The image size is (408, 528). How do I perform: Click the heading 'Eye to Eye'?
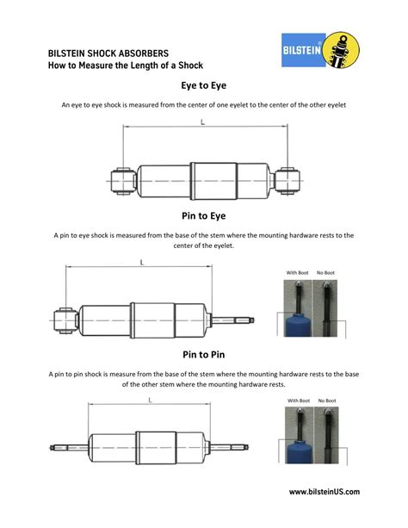203,86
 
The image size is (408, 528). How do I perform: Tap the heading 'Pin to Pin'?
203,354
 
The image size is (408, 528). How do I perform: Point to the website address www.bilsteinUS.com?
325,492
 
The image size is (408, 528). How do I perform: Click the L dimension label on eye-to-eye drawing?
202,123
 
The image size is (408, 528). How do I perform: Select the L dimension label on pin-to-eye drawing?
141,262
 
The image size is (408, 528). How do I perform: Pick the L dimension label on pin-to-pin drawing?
150,401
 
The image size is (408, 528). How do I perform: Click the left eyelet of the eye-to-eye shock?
120,180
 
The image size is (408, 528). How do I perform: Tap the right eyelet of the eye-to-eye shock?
285,180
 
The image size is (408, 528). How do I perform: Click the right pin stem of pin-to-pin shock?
238,447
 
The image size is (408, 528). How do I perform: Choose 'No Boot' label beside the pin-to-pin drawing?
326,401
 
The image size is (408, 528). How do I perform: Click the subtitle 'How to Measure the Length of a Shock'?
124,65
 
